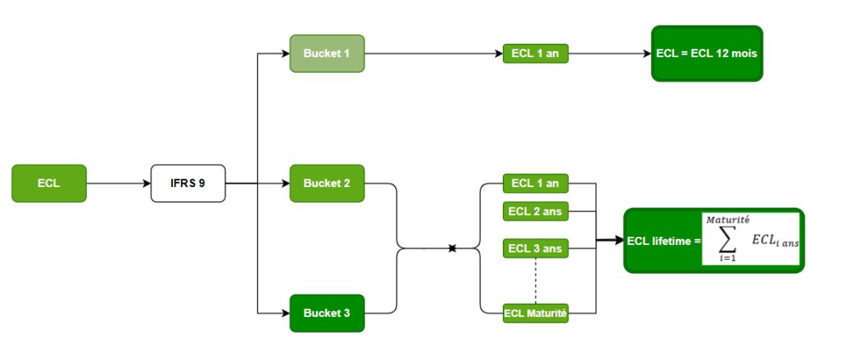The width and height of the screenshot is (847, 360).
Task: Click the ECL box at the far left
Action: point(49,183)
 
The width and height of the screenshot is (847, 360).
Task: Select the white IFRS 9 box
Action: point(188,183)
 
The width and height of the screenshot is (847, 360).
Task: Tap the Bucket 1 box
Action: point(327,54)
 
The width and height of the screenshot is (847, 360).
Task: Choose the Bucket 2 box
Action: point(327,183)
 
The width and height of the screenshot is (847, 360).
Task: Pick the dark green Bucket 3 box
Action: point(327,313)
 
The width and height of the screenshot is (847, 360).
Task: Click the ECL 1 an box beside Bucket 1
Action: point(535,54)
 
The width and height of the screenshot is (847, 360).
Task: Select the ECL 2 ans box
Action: point(535,211)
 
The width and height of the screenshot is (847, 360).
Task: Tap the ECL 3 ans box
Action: point(535,248)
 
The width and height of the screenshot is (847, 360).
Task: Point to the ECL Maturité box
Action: point(535,313)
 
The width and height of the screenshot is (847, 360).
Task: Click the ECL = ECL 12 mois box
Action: point(707,54)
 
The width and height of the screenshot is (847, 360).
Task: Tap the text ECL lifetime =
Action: point(663,241)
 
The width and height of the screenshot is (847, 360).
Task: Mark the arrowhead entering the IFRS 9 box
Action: point(146,183)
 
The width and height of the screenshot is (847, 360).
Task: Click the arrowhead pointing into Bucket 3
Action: point(285,313)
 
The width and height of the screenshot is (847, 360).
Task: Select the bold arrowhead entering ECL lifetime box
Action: point(618,241)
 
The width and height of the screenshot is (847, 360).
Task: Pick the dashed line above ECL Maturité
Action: point(535,281)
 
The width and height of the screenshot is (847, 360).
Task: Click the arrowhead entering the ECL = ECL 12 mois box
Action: point(647,54)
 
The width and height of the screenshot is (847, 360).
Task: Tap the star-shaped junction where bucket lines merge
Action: point(452,248)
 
